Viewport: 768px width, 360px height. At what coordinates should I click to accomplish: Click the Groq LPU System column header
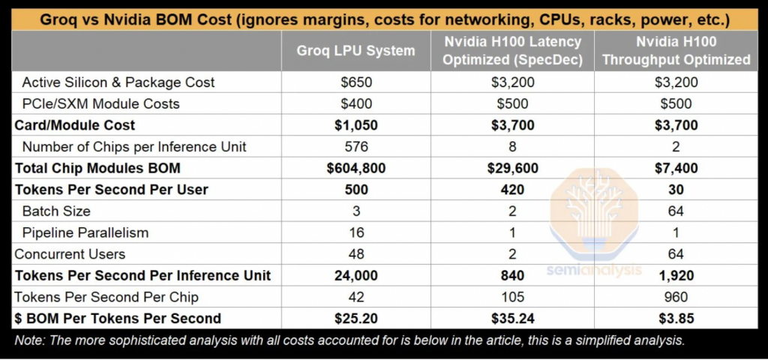point(355,51)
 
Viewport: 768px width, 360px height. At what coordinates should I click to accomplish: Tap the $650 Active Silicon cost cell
point(356,82)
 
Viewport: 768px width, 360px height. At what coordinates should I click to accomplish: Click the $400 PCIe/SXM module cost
point(356,103)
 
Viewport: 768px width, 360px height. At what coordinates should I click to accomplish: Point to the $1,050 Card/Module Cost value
point(356,125)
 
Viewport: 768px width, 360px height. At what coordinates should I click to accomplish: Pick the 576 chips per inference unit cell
point(356,147)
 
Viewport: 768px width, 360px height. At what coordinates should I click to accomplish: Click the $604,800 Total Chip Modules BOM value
point(356,169)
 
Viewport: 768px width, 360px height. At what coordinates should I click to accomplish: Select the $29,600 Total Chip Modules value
point(511,169)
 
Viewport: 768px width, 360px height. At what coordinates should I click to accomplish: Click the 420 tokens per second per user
point(511,190)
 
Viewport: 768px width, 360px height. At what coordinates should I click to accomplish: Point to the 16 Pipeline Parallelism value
point(356,233)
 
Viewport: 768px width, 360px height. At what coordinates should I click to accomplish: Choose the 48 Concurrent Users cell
point(356,254)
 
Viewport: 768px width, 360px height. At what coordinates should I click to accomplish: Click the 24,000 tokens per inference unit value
point(356,276)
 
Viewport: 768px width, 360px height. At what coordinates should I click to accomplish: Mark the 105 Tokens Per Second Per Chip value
point(511,297)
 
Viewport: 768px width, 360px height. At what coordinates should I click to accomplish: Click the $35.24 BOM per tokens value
point(511,319)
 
